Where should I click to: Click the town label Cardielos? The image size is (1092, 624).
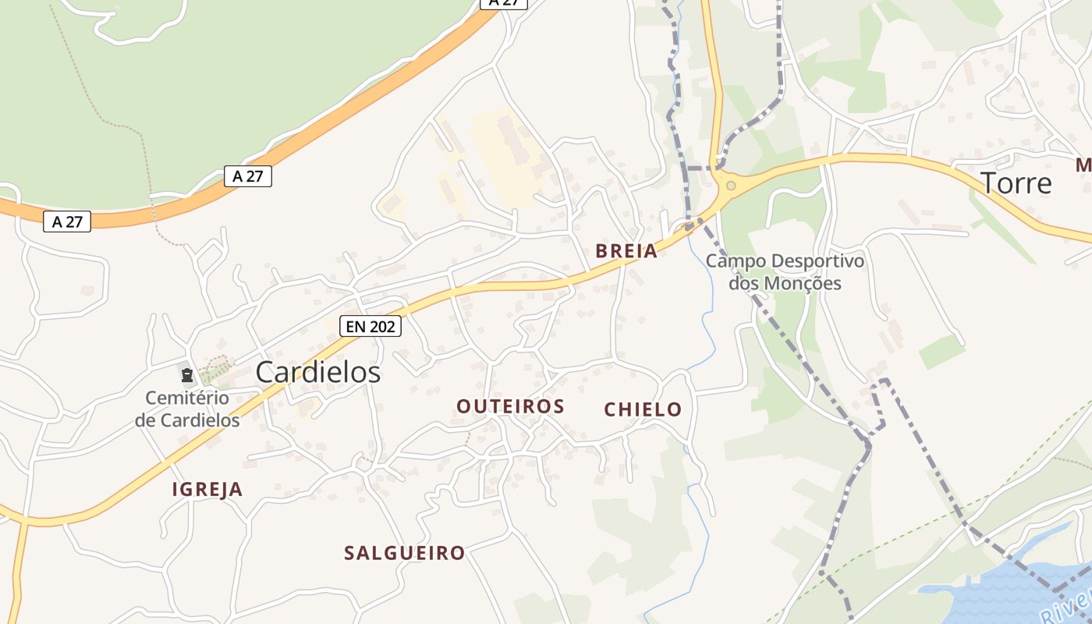pyautogui.click(x=318, y=372)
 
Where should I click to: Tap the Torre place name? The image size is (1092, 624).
pyautogui.click(x=1016, y=183)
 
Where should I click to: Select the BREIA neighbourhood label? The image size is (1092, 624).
pyautogui.click(x=626, y=250)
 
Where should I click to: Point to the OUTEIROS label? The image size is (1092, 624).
pyautogui.click(x=510, y=406)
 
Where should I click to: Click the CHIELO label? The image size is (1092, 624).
pyautogui.click(x=643, y=409)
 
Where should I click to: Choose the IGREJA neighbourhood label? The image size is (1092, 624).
pyautogui.click(x=207, y=490)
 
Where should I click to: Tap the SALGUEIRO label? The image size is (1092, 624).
pyautogui.click(x=405, y=553)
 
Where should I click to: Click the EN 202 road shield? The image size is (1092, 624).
pyautogui.click(x=370, y=327)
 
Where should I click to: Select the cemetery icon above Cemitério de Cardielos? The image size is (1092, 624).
pyautogui.click(x=187, y=375)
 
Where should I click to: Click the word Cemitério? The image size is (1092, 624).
pyautogui.click(x=187, y=398)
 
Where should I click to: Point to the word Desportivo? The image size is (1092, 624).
pyautogui.click(x=818, y=261)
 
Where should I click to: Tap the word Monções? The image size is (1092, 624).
pyautogui.click(x=803, y=282)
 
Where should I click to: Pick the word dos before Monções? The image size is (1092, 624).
pyautogui.click(x=743, y=282)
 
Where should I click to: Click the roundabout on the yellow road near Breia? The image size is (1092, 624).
pyautogui.click(x=730, y=186)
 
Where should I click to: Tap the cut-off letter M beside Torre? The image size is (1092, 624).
pyautogui.click(x=1083, y=165)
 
